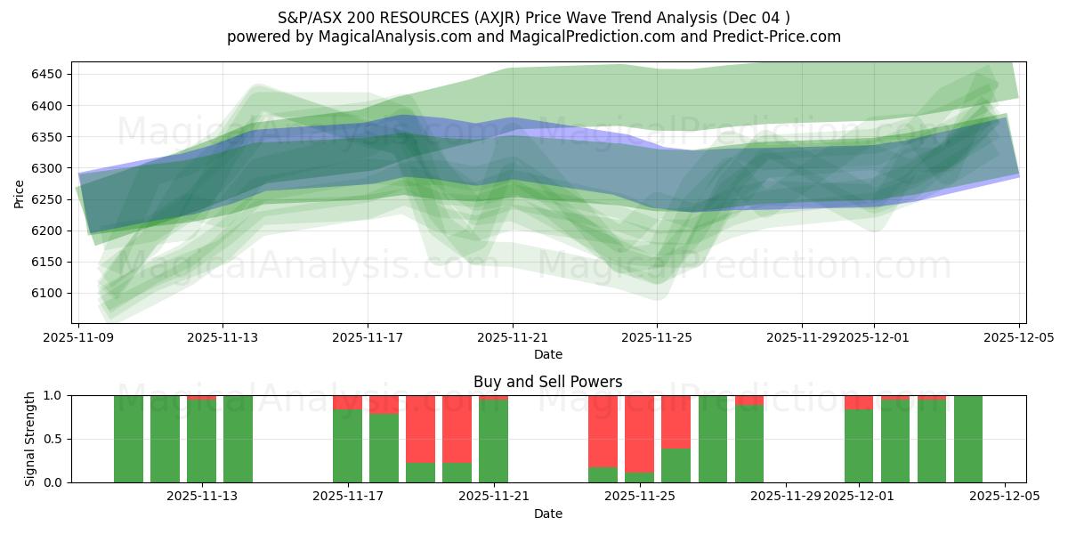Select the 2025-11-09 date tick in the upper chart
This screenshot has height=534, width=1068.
78,338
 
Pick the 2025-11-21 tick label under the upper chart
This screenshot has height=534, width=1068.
512,338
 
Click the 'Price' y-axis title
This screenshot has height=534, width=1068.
20,193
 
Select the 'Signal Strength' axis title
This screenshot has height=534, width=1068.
30,439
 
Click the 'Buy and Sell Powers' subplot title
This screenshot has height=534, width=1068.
547,382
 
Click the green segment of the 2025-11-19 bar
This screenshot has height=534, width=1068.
420,473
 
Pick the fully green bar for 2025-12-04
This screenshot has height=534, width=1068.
968,439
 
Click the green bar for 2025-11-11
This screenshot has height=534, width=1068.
165,439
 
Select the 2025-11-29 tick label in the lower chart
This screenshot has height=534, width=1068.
786,497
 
